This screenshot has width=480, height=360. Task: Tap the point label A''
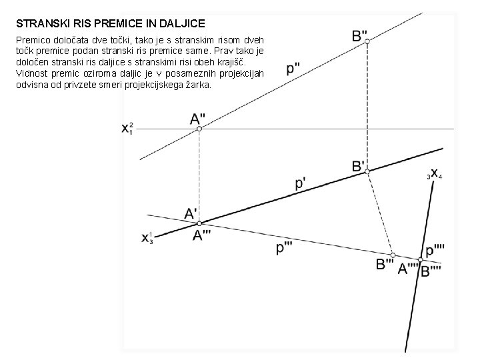point(198,119)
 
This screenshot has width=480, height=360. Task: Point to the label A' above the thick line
point(191,213)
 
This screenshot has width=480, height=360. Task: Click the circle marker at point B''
point(367,41)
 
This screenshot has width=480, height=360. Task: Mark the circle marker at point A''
point(199,129)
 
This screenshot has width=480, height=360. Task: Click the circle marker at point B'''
point(393,255)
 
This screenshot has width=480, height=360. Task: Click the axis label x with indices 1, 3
point(147,237)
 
